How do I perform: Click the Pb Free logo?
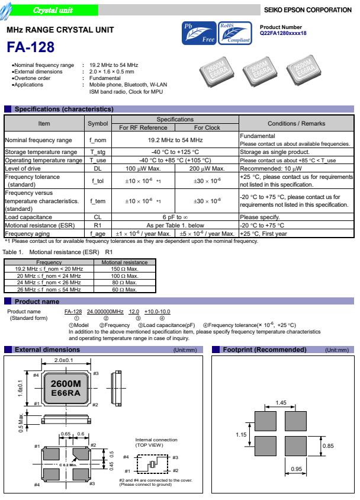tap(199, 35)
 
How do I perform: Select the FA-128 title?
tap(31, 47)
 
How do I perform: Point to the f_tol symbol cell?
tap(98, 180)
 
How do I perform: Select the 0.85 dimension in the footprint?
tap(329, 444)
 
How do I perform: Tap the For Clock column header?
tap(207, 127)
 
